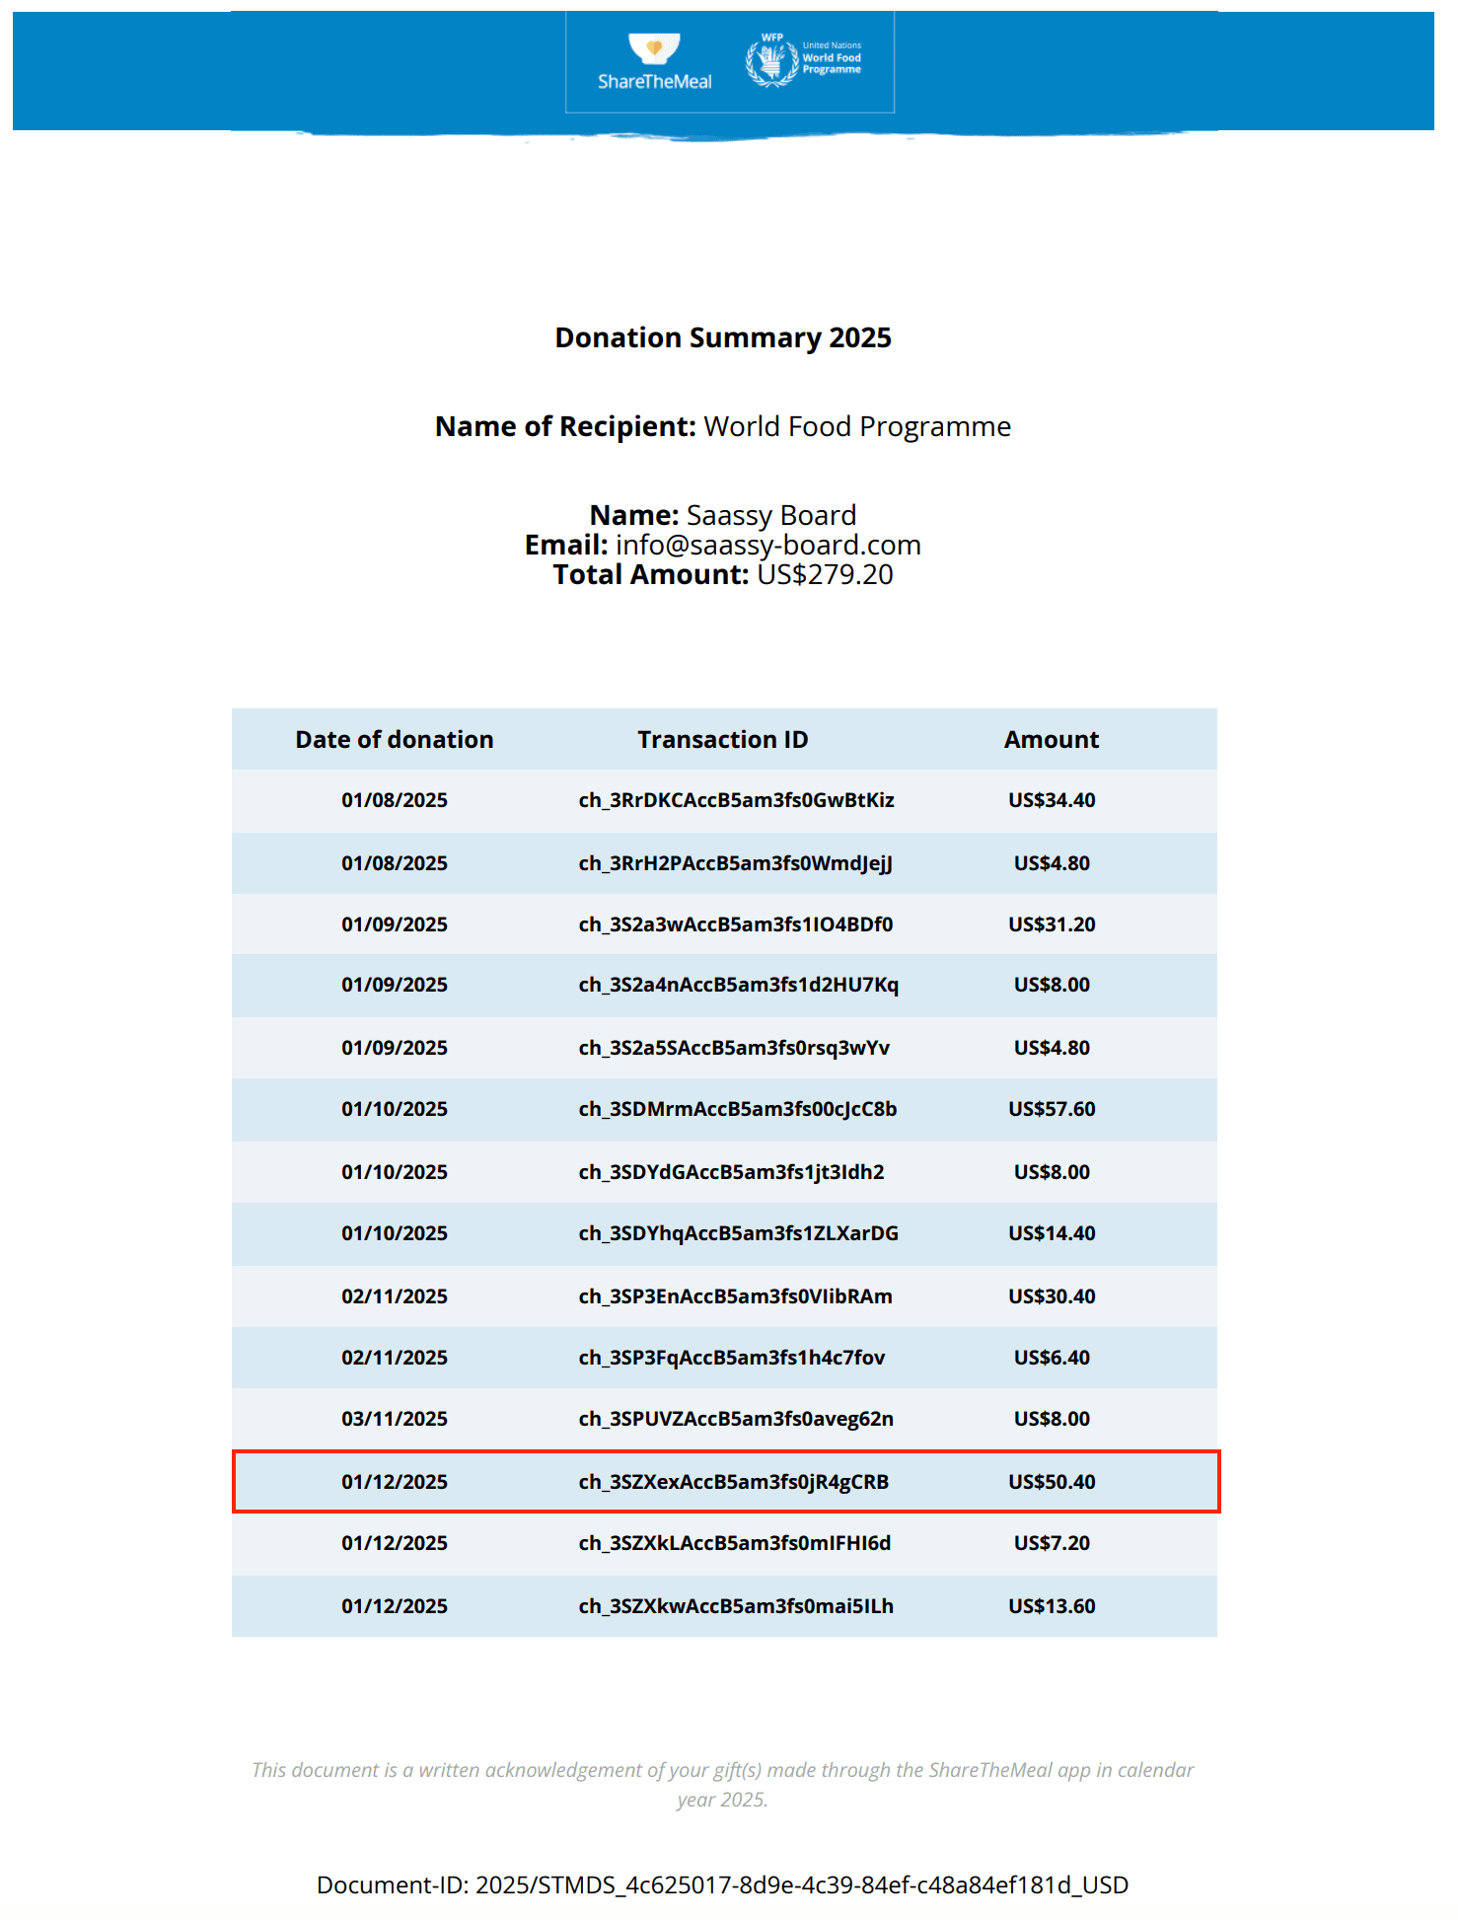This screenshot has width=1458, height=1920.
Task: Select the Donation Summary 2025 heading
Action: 723,337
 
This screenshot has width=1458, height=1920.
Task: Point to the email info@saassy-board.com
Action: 767,545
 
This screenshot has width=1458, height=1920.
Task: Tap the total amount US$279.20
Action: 825,574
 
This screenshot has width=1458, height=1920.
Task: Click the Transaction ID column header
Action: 723,739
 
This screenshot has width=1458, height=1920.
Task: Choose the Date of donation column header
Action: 395,739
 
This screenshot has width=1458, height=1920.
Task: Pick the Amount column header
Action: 1052,739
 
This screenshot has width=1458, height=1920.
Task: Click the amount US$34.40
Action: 1052,800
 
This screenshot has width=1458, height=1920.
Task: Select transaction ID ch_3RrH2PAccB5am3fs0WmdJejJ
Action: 736,863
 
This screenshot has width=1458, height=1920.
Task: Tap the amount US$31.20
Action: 1052,924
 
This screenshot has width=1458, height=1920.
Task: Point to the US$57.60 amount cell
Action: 1052,1109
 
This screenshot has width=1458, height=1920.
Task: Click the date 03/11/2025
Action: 395,1419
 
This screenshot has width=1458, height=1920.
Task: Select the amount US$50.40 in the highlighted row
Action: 1052,1482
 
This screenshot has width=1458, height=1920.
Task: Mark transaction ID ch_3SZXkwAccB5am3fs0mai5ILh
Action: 736,1606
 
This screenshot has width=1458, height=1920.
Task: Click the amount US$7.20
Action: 1052,1543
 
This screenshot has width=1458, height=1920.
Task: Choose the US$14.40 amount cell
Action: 1052,1233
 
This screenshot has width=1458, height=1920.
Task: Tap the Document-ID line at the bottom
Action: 722,1884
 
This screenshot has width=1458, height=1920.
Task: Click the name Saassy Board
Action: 770,515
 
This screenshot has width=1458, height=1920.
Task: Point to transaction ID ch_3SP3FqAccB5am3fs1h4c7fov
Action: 732,1358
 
